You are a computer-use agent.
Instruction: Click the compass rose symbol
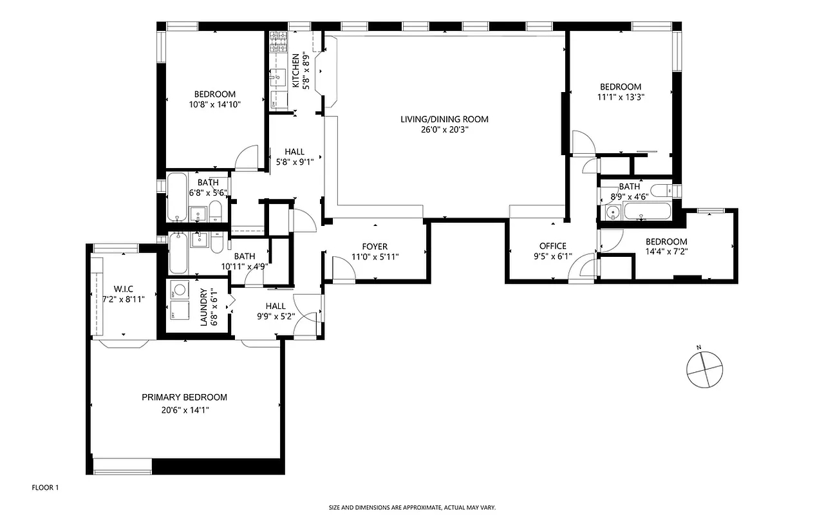click(x=705, y=369)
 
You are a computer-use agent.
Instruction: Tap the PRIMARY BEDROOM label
click(x=184, y=397)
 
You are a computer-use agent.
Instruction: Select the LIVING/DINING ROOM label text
click(x=444, y=119)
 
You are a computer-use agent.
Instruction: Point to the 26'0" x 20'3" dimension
click(x=444, y=130)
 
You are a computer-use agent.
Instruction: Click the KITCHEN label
click(x=296, y=71)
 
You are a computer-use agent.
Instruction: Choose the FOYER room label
click(x=374, y=247)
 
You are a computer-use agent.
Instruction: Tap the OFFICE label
click(x=552, y=246)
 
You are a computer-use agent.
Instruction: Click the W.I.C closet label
click(x=123, y=288)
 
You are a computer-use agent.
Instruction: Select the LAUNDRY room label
click(x=203, y=307)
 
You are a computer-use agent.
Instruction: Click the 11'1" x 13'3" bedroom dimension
click(x=621, y=98)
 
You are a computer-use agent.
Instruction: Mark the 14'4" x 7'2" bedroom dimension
click(x=666, y=252)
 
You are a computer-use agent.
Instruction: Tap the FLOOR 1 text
click(x=45, y=488)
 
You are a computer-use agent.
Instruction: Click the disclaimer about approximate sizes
click(x=412, y=507)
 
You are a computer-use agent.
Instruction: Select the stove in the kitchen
click(x=278, y=42)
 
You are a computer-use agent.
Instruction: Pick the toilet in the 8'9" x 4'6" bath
click(x=659, y=191)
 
